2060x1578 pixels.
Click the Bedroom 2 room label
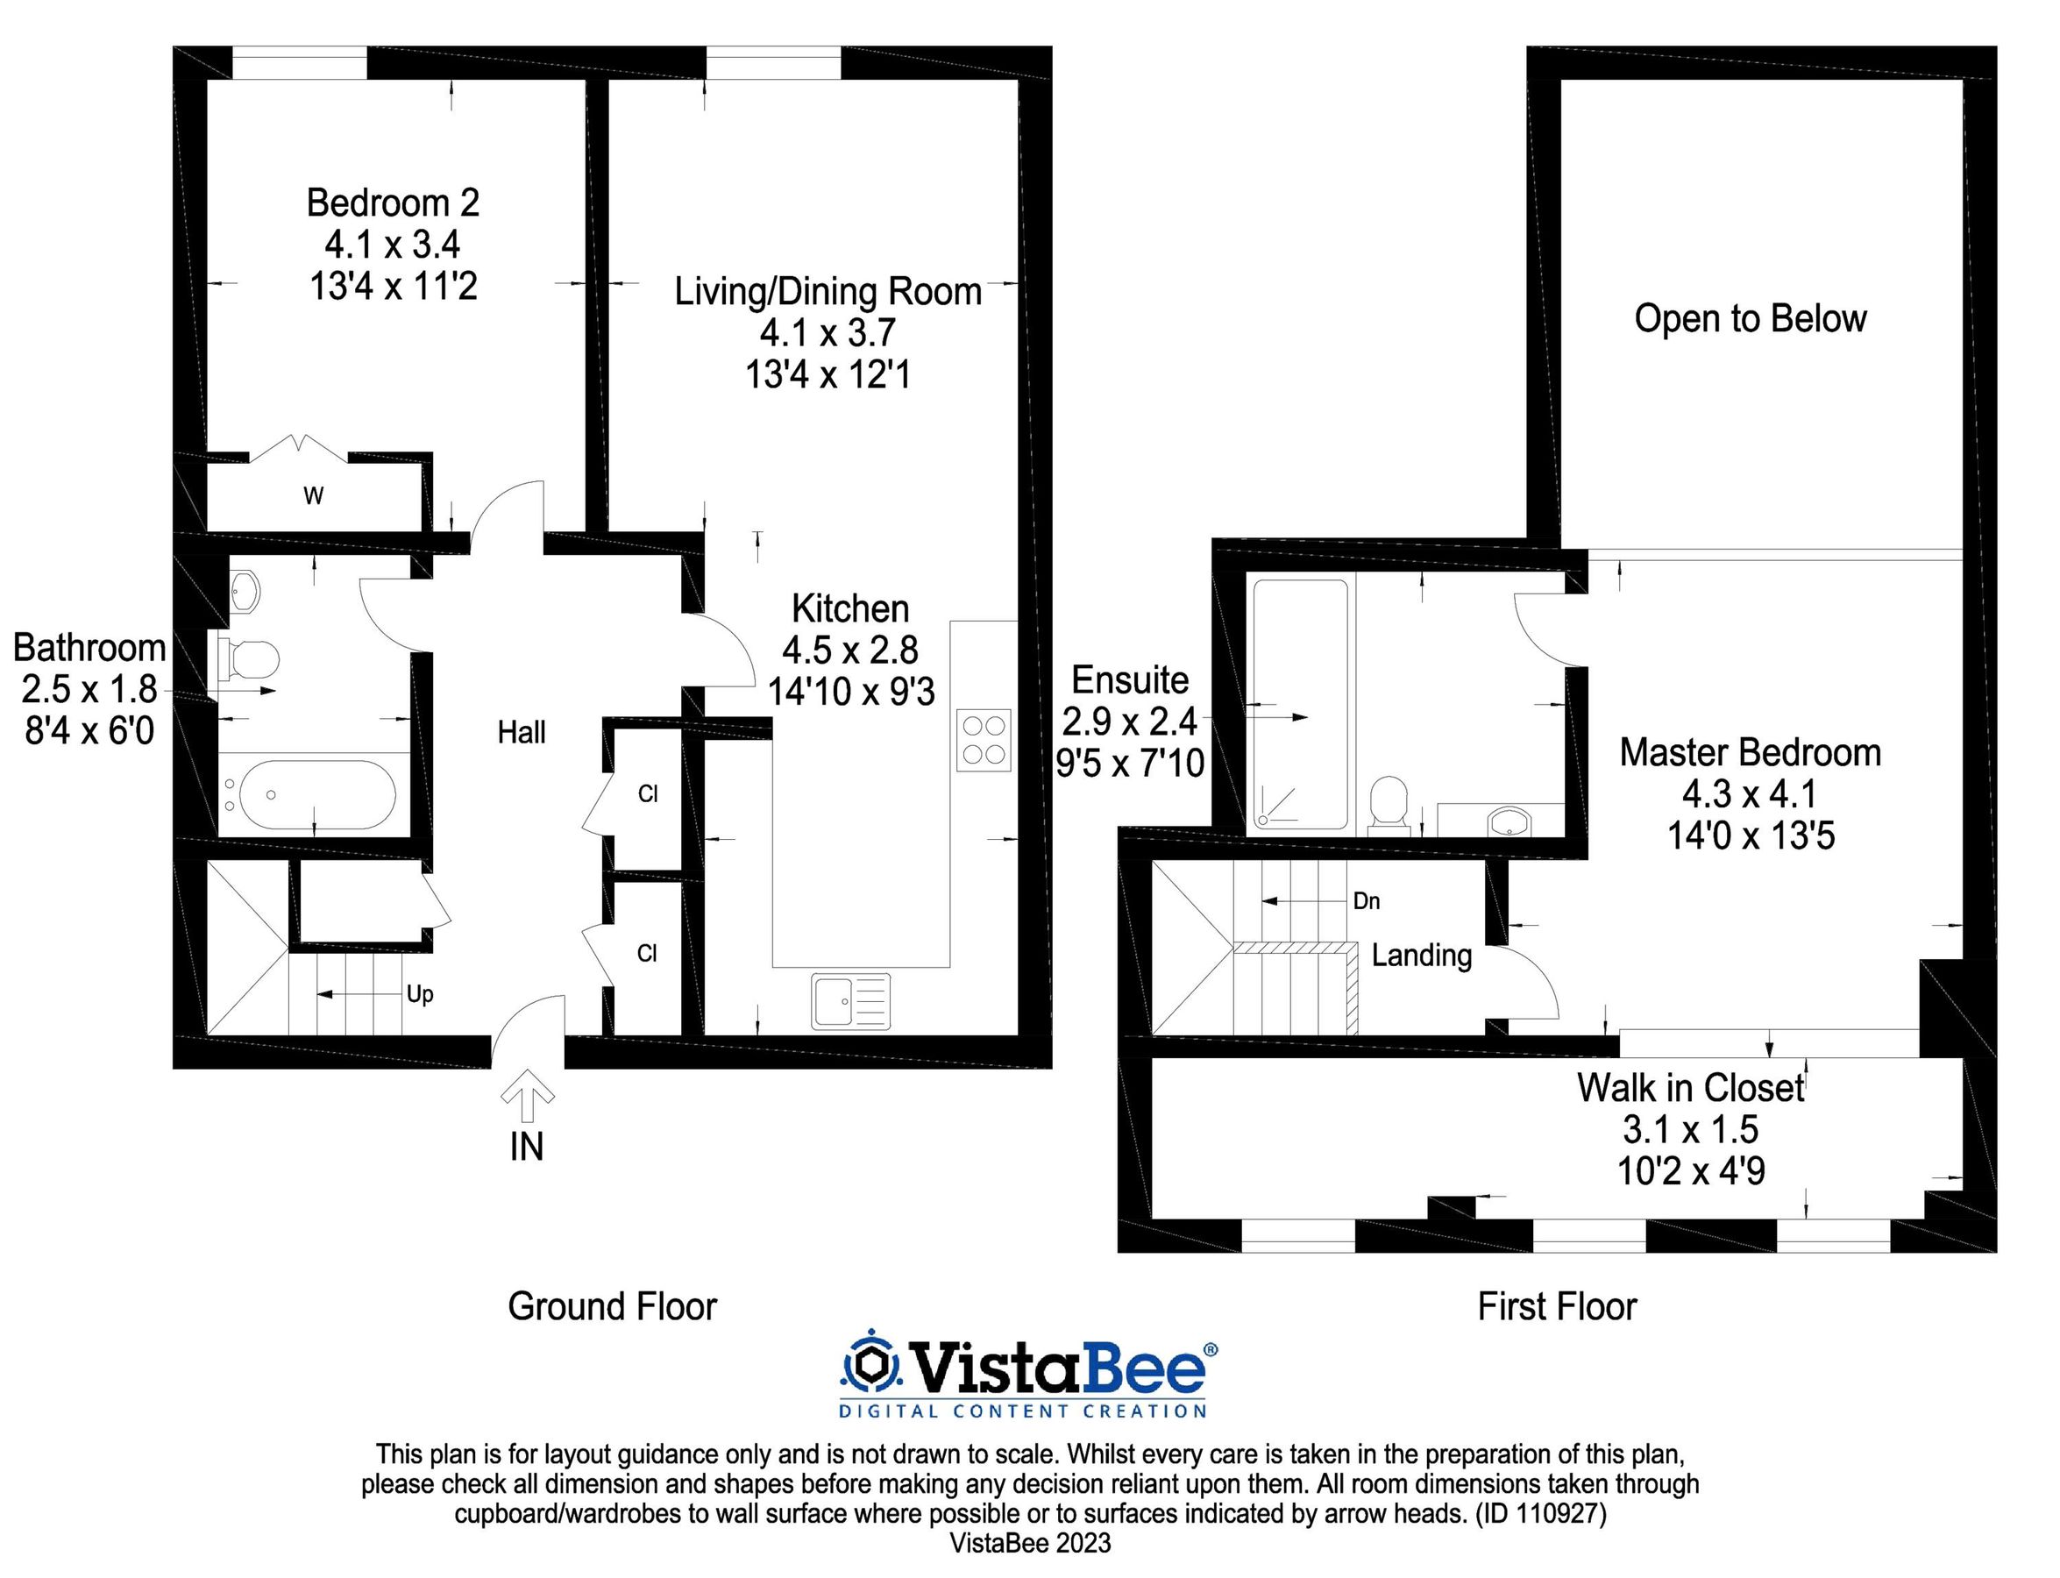tap(393, 203)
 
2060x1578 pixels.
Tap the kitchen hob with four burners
tap(984, 739)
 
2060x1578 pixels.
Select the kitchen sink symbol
tap(850, 1001)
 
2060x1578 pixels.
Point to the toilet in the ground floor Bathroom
tap(251, 657)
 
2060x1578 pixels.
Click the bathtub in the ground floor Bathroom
tap(316, 794)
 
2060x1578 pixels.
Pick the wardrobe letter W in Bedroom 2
tap(314, 496)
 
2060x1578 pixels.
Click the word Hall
tap(522, 733)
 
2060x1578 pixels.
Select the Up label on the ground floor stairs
tap(420, 994)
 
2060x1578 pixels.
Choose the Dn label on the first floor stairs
tap(1367, 901)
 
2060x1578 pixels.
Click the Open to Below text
tap(1750, 318)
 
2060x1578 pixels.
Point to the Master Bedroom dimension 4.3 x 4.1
tap(1750, 794)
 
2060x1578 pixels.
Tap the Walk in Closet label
tap(1691, 1088)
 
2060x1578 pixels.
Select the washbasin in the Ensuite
tap(1509, 820)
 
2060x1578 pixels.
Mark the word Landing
tap(1421, 956)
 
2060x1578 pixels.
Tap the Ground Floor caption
tap(612, 1306)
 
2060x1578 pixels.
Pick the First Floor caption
tap(1557, 1306)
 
